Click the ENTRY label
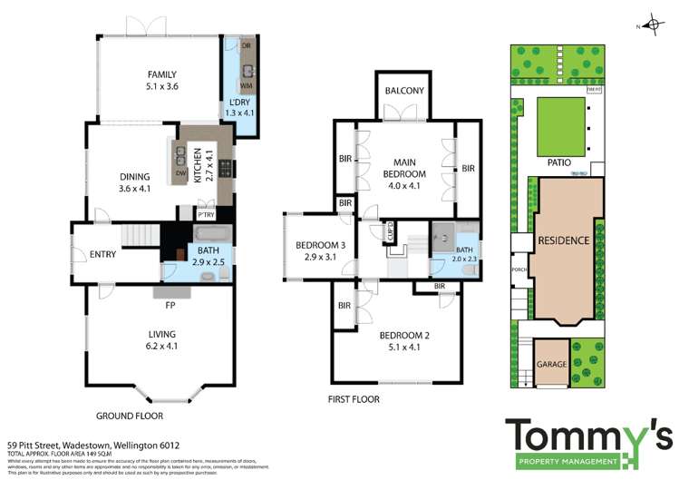(x=102, y=254)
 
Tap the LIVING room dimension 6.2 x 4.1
(x=162, y=345)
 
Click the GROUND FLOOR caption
(x=130, y=416)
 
